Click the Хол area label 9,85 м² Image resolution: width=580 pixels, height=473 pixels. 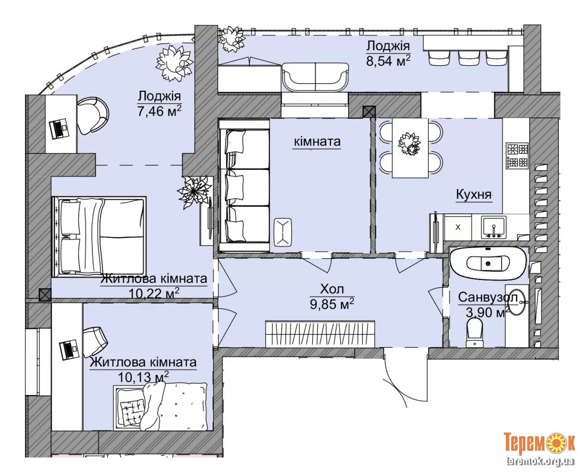332,304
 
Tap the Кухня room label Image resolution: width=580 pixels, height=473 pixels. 474,194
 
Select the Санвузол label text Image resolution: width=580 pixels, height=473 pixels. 488,297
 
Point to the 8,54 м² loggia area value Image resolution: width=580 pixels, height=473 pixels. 388,60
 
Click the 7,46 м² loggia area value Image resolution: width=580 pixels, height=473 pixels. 159,111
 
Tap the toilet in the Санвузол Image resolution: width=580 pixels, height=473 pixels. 475,333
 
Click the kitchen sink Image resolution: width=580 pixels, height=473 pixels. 493,227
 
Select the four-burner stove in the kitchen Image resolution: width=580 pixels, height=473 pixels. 517,156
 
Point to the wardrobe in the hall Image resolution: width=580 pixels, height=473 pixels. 320,334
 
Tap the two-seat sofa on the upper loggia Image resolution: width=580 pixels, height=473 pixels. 315,78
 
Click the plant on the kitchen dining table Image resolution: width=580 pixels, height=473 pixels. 409,144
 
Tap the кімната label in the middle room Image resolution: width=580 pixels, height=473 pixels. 317,142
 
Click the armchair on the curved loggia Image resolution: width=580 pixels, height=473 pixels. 93,116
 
